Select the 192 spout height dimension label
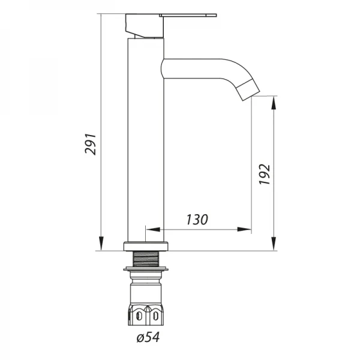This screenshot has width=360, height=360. pos(265,174)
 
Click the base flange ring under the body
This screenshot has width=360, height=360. pos(146,245)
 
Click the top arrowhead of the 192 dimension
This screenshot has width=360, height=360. pos(274,103)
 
